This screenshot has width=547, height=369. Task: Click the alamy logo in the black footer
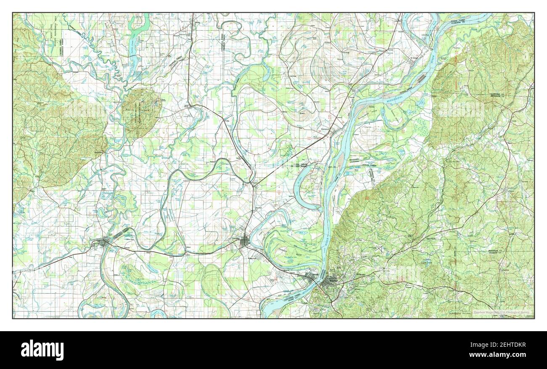[42, 350]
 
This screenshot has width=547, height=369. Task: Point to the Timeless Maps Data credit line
[503, 312]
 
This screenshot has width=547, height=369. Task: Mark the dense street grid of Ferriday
[244, 243]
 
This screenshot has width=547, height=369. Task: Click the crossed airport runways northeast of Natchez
[380, 250]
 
